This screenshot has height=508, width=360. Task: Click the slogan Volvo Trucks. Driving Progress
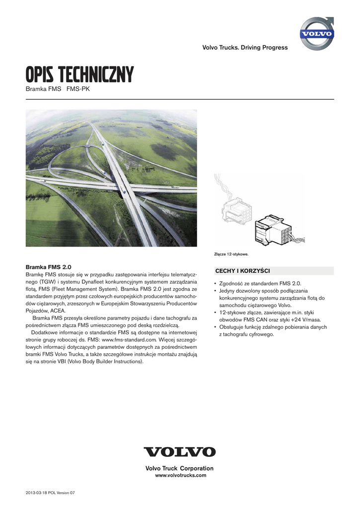(245, 48)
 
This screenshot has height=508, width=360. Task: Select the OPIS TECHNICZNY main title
(80, 76)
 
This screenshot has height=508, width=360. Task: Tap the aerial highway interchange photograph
(111, 178)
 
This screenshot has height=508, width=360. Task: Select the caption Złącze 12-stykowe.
(231, 255)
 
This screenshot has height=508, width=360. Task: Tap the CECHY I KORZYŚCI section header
(242, 270)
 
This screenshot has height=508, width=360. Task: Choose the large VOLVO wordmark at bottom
(179, 452)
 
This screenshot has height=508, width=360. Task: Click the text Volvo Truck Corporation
(179, 468)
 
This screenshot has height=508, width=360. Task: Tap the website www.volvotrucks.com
(181, 475)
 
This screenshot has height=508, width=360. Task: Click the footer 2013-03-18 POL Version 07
(50, 493)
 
